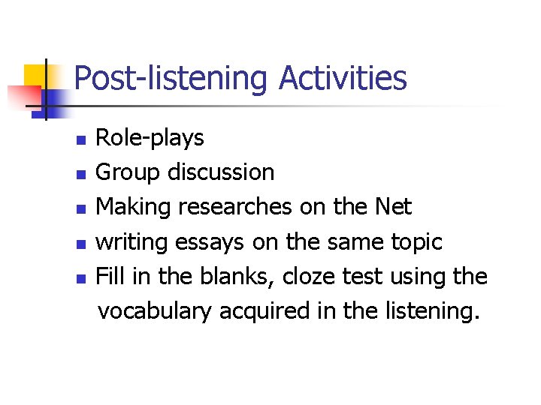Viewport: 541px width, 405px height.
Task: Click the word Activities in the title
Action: [x=343, y=78]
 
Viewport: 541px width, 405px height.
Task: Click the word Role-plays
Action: [x=150, y=138]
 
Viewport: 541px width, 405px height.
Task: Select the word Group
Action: [x=128, y=172]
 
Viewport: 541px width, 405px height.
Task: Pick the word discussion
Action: [x=220, y=172]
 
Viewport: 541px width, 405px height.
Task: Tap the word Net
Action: [x=393, y=207]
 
